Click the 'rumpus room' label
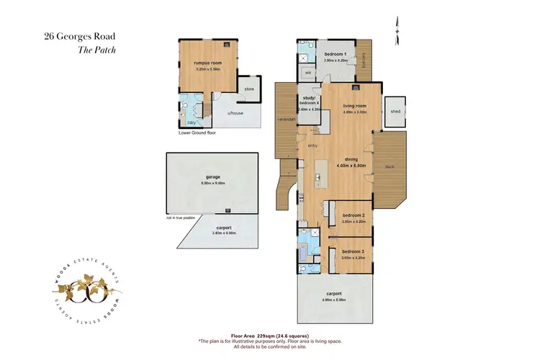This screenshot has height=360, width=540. (x=205, y=63)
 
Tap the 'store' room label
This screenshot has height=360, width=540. (x=249, y=89)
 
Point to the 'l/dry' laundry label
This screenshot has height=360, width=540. (x=192, y=122)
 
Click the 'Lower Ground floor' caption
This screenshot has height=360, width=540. (x=197, y=133)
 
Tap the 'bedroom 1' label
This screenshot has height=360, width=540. (x=335, y=55)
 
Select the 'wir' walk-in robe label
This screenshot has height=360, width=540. (x=307, y=73)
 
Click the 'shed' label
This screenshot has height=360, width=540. (x=395, y=112)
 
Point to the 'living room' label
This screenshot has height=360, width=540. (x=354, y=106)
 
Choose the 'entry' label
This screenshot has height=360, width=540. (x=312, y=146)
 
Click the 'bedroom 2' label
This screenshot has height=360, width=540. (x=353, y=215)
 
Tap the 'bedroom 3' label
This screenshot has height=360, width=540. (x=353, y=251)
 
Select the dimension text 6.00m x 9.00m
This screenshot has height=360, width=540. (x=213, y=184)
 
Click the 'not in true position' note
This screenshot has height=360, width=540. (x=181, y=218)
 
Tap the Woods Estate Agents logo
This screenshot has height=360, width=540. (x=86, y=292)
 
